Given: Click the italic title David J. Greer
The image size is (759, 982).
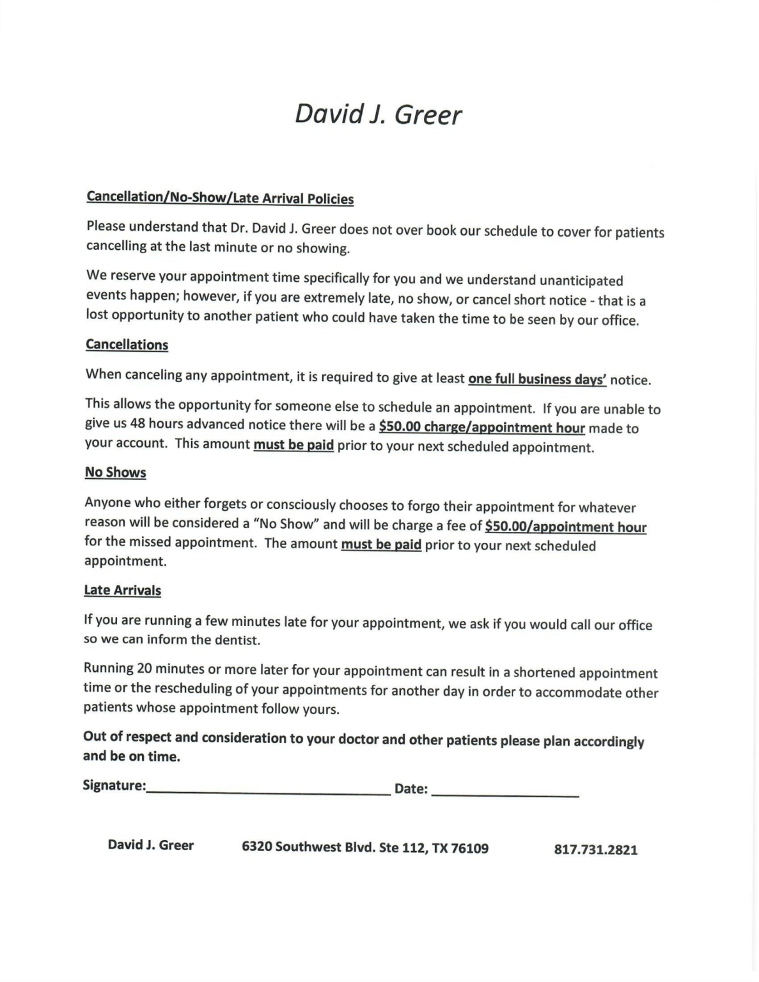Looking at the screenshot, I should point(378,115).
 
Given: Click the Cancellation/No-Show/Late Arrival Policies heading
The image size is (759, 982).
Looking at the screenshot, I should point(220,198).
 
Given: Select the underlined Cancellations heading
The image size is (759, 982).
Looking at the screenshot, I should point(127,345).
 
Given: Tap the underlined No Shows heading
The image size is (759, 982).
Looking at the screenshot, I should point(115,472).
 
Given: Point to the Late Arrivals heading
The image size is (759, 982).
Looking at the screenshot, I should point(122,590).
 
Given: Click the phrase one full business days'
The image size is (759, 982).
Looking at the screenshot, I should point(537,378).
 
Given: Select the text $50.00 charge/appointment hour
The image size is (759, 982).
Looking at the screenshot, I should point(481,427).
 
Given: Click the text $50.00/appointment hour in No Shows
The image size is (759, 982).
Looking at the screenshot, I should point(565,527).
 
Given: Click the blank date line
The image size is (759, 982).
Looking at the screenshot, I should point(505,791).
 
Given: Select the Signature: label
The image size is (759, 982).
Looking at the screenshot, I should point(114,785).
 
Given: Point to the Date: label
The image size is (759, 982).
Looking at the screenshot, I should point(411,789).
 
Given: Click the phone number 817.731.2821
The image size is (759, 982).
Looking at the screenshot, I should point(595,850).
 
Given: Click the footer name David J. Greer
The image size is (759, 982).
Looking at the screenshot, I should point(150,845).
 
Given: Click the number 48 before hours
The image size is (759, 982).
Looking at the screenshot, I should point(137,424).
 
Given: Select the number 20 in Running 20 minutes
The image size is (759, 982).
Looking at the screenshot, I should point(144,669).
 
